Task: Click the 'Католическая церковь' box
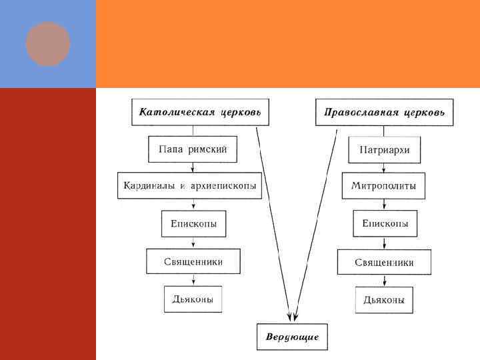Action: click(x=201, y=112)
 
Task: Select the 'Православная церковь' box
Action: click(x=384, y=112)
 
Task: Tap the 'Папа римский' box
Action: click(x=193, y=149)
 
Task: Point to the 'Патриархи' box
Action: click(x=384, y=150)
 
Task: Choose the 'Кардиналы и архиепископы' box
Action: click(x=189, y=185)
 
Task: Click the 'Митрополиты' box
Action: click(x=384, y=186)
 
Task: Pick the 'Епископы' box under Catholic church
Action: click(x=193, y=223)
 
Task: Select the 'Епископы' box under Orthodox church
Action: click(x=385, y=223)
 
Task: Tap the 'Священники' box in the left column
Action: click(x=193, y=261)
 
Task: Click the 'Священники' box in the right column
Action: click(x=384, y=262)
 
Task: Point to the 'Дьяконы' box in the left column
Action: click(x=193, y=299)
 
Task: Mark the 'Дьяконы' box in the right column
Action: click(x=384, y=300)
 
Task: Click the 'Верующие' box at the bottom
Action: click(x=293, y=336)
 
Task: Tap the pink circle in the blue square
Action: click(x=48, y=44)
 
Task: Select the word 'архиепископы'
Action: click(x=223, y=185)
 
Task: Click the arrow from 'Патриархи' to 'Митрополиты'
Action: click(x=384, y=168)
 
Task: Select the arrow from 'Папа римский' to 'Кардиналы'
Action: click(x=192, y=168)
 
